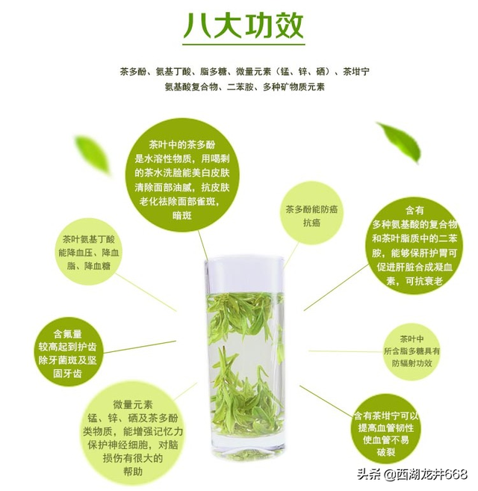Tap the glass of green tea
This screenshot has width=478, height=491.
(244, 351)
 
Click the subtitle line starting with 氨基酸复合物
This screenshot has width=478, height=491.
(244, 87)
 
